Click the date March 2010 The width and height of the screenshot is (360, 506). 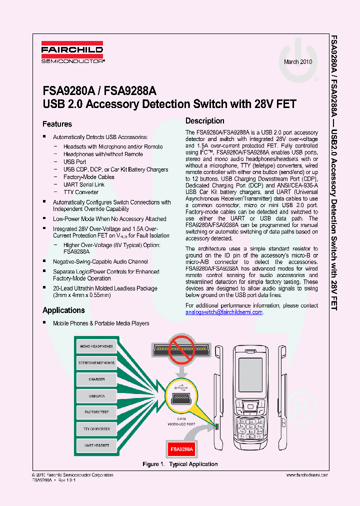coord(298,62)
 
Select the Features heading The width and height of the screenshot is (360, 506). coord(57,124)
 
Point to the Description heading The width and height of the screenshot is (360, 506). coord(205,120)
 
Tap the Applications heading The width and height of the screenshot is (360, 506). coord(63,310)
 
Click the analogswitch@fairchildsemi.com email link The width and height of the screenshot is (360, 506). coord(223,312)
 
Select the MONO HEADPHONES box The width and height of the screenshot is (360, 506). coord(96,346)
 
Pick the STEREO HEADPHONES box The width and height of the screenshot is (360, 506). coord(96,362)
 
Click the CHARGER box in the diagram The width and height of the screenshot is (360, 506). coord(96,379)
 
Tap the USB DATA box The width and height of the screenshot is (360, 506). coord(96,396)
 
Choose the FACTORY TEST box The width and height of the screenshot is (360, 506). coord(96,412)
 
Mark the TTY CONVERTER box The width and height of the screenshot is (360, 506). coord(96,429)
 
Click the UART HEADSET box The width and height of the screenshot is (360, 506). coord(96,445)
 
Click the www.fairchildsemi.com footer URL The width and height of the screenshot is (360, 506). coord(307,475)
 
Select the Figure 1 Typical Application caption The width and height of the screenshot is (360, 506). coord(180,464)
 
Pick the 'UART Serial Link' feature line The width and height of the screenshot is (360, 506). coord(84,184)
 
